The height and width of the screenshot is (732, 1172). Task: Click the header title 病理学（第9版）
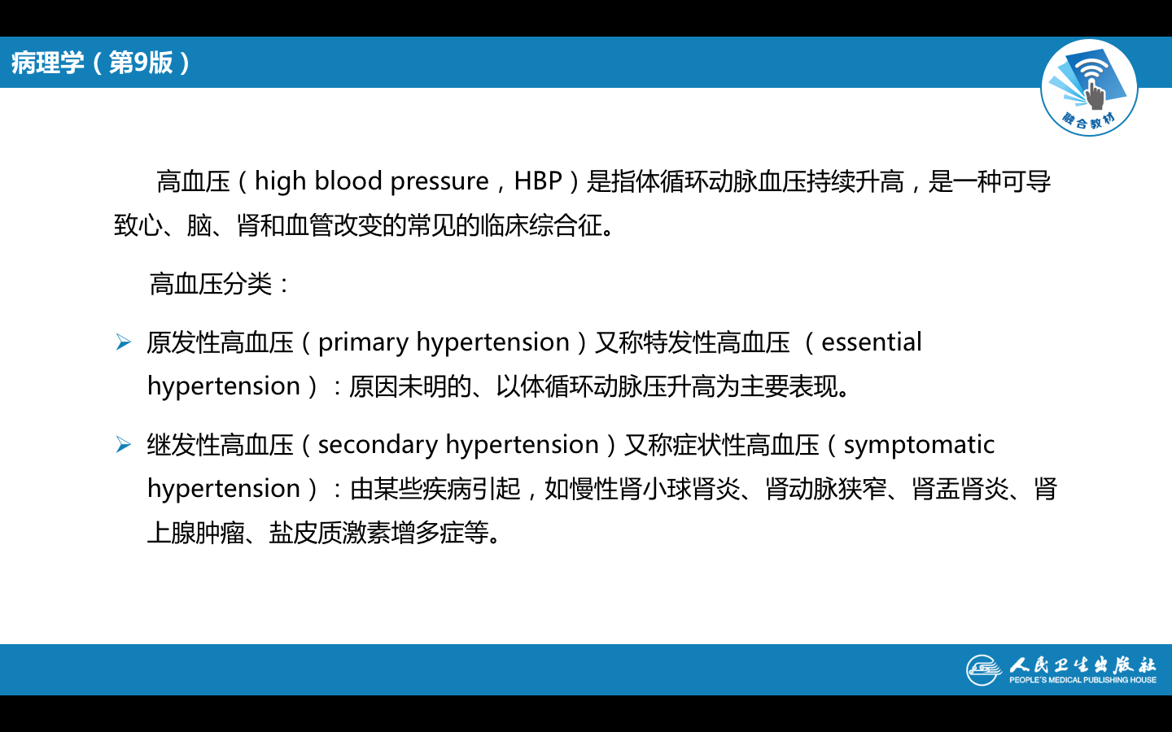click(101, 63)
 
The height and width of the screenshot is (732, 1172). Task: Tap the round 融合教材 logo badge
click(1089, 87)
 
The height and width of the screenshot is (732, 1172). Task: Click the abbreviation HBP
click(538, 181)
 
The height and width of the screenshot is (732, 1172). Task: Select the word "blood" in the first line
click(348, 181)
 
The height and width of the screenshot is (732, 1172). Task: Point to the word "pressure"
click(439, 183)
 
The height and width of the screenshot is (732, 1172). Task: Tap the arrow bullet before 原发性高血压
click(124, 342)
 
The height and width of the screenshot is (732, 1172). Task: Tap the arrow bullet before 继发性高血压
click(124, 445)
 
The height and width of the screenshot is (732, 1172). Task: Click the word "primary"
click(363, 343)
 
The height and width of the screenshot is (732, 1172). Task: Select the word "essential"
click(871, 342)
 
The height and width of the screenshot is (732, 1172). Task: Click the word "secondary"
click(378, 446)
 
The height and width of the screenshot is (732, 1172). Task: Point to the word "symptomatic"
click(919, 446)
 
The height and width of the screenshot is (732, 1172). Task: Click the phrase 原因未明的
click(409, 387)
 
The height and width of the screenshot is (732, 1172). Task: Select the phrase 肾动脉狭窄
click(826, 490)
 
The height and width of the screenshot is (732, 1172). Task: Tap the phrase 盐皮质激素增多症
click(367, 534)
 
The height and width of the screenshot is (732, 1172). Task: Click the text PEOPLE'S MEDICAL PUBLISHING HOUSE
click(1082, 680)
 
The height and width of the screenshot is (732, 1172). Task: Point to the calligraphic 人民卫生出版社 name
click(1082, 664)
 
